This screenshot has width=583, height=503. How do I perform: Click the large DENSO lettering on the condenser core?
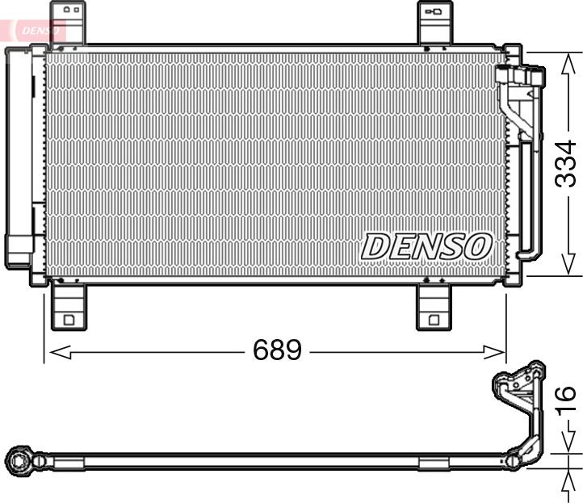point(426,246)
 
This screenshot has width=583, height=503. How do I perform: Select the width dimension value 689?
point(277,350)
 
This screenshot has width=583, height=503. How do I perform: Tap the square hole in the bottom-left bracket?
point(69,320)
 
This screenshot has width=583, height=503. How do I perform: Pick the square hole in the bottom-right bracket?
point(434,320)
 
